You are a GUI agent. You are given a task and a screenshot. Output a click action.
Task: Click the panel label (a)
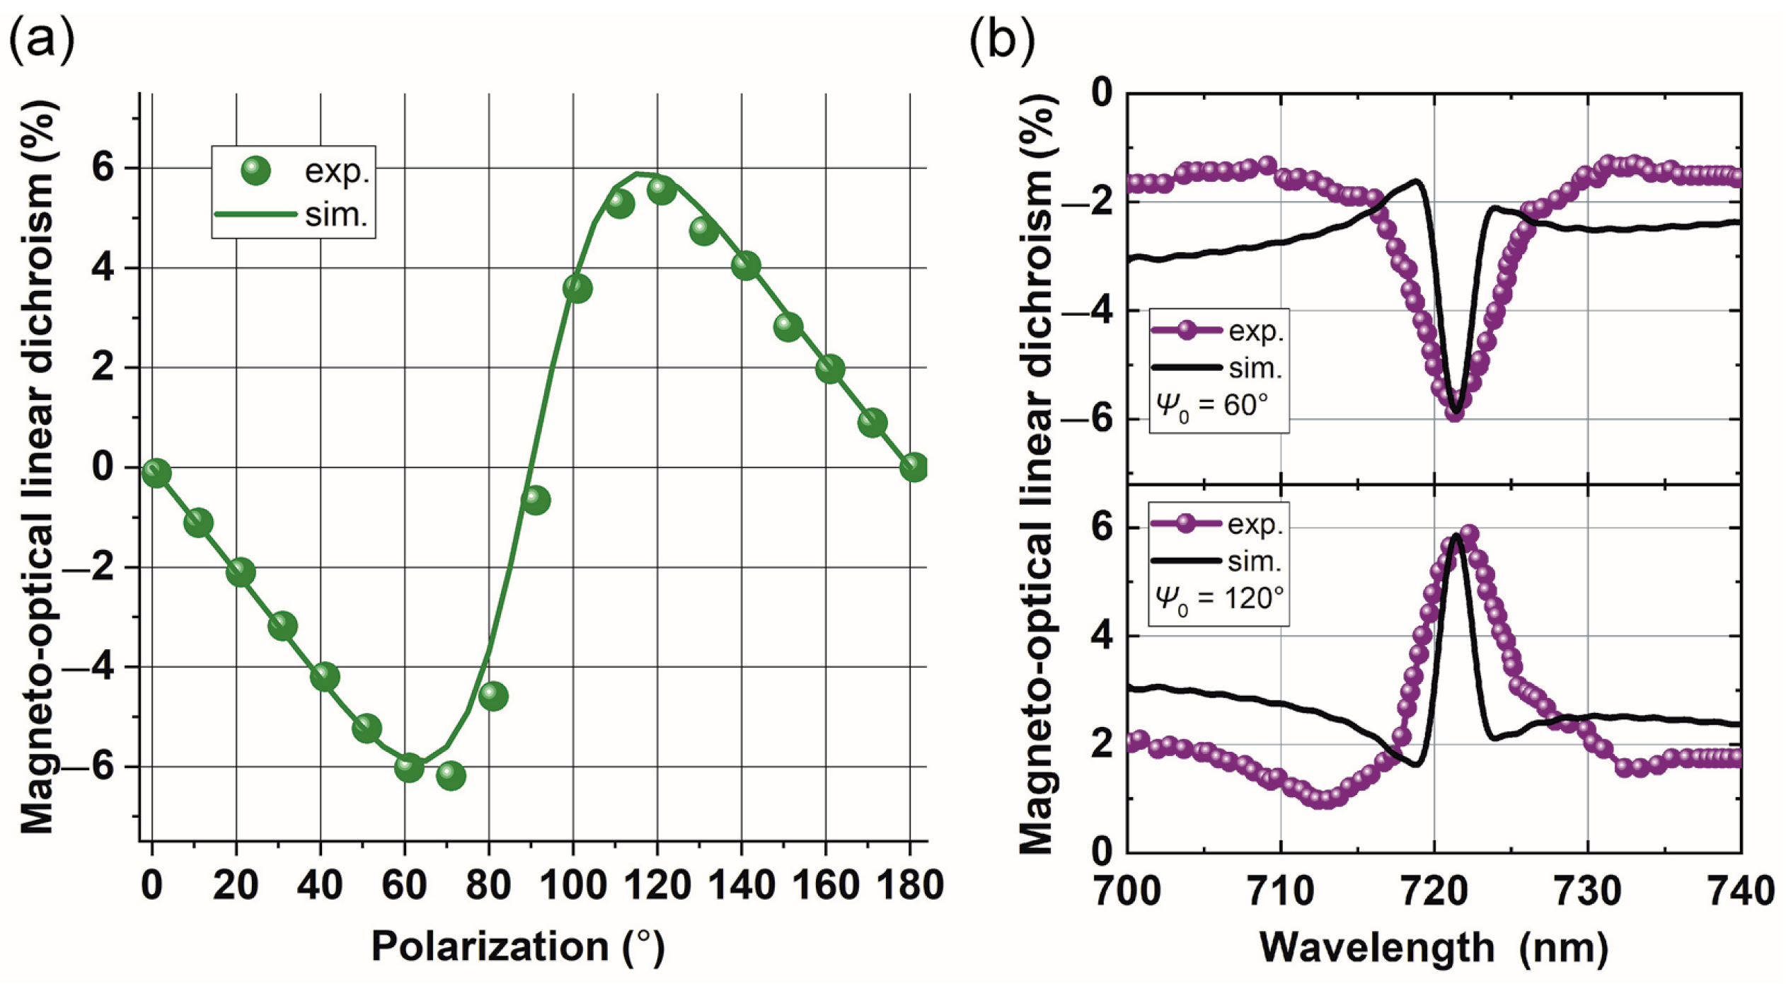tap(41, 39)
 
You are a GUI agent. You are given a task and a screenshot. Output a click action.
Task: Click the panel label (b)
tap(1001, 39)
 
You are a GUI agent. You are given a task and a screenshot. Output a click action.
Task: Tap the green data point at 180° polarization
tap(914, 467)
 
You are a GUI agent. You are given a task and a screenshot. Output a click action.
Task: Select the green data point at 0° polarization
tap(156, 473)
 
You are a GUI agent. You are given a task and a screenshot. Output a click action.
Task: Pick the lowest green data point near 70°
tap(451, 776)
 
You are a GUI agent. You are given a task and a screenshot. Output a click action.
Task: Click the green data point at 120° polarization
tap(661, 189)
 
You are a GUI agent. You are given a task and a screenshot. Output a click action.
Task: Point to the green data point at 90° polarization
tap(536, 500)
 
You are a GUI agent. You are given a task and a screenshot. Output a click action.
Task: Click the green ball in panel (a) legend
tap(255, 171)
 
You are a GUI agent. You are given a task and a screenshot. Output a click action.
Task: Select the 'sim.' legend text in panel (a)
tap(336, 214)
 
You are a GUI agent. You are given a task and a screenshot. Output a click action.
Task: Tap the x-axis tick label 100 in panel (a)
tap(573, 886)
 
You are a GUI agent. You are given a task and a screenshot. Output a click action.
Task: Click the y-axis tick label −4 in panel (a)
tap(88, 668)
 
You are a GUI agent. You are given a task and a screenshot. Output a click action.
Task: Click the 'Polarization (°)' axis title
tap(517, 946)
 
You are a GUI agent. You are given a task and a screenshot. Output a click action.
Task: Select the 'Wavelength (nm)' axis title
tap(1434, 947)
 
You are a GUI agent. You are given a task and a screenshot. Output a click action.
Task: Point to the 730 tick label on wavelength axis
tap(1588, 891)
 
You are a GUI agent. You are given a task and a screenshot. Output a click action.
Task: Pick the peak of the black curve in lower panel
tap(1455, 536)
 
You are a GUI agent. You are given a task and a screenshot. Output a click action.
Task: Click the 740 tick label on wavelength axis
tap(1740, 891)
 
